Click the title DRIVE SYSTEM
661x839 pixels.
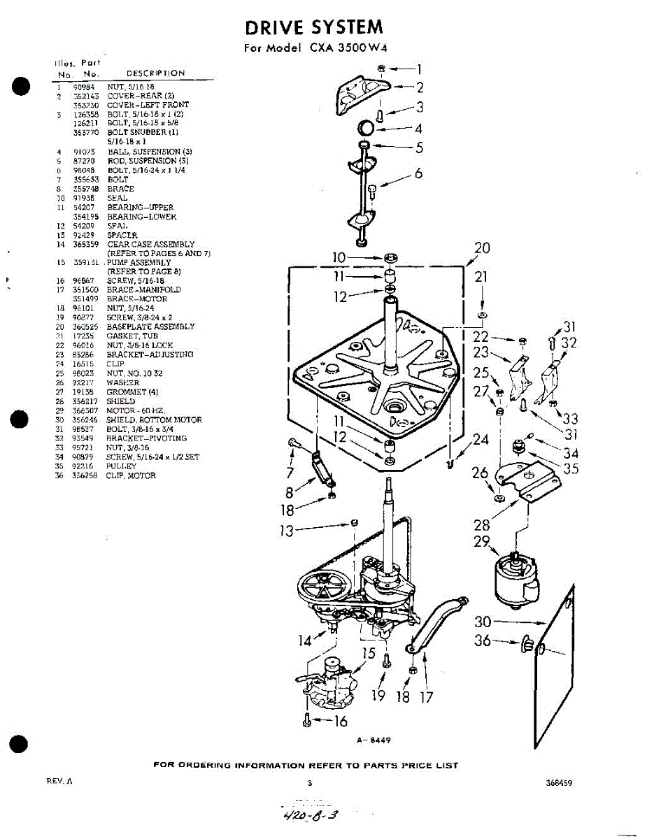pos(314,28)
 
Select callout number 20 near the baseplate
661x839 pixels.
pos(482,248)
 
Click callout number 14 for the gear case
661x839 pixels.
pos(306,640)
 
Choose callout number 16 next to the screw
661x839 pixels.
pos(339,722)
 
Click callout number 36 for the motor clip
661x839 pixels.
pos(483,640)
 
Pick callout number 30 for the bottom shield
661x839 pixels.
pos(483,622)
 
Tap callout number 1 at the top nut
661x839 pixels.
pos(418,69)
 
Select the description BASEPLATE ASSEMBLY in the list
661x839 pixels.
pos(150,327)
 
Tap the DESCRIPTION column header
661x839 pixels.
pos(155,73)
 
